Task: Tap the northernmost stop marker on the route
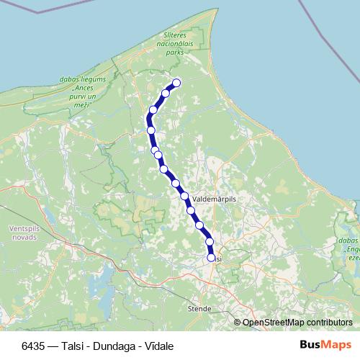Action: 176,83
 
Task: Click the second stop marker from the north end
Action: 166,93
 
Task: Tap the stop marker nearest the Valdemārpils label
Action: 184,196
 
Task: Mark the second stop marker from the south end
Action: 210,242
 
